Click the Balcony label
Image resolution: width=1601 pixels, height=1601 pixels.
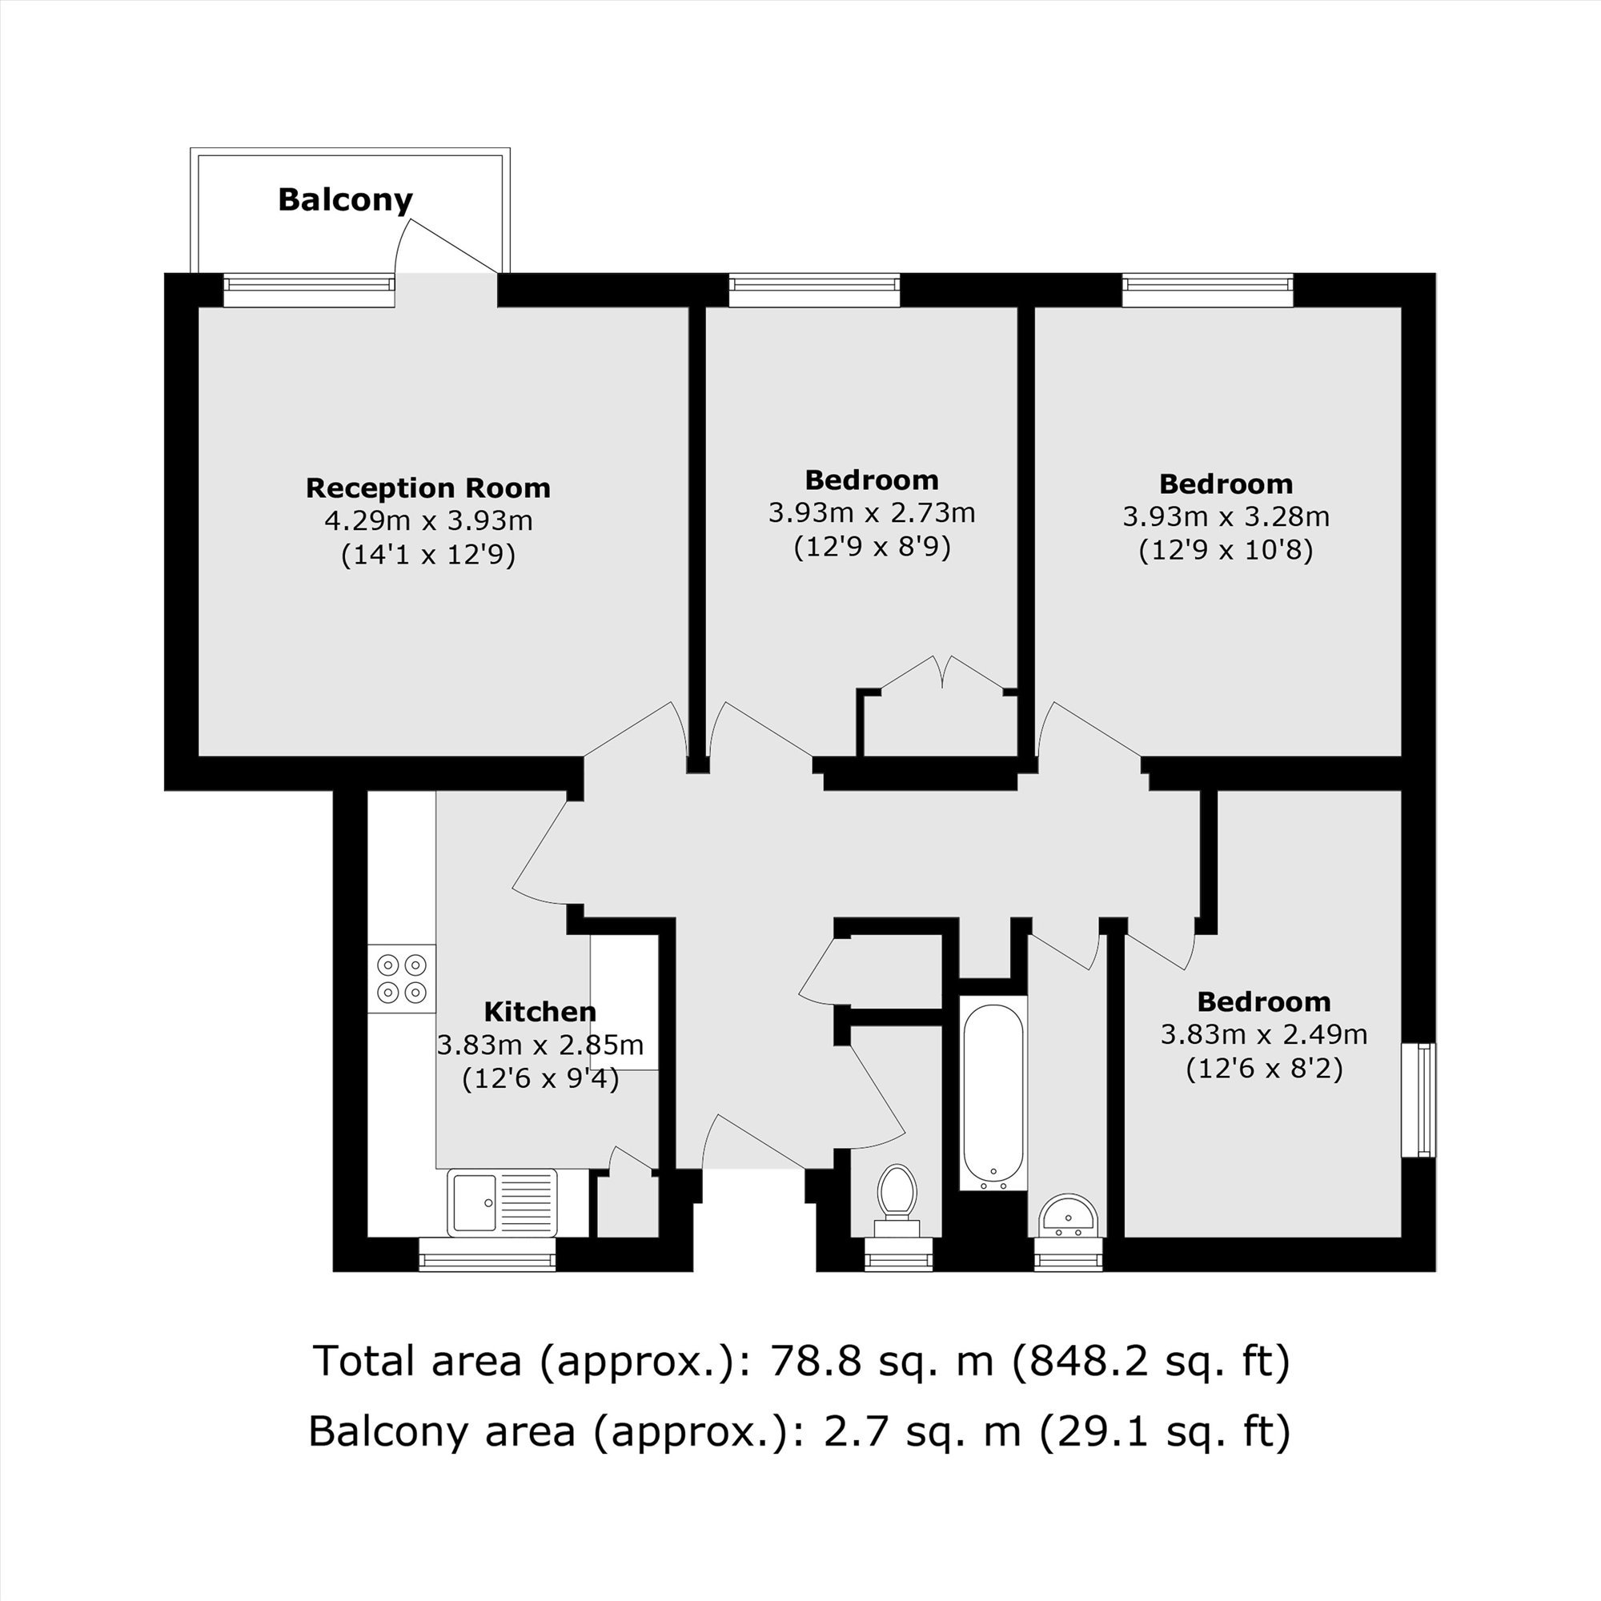(x=345, y=199)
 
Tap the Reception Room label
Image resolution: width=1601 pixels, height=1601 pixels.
(x=428, y=488)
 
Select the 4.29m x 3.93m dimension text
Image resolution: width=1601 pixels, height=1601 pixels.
(x=428, y=521)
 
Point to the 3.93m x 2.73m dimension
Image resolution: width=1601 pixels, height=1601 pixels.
(x=872, y=514)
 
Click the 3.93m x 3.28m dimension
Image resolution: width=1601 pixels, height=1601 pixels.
(x=1226, y=517)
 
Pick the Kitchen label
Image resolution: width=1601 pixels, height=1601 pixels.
(x=540, y=1012)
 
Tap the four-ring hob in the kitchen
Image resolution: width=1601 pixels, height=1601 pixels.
(x=402, y=979)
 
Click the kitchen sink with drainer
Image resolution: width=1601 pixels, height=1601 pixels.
(x=502, y=1202)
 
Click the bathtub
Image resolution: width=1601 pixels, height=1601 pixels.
(x=993, y=1093)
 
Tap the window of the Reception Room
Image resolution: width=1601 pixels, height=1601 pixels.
(x=308, y=290)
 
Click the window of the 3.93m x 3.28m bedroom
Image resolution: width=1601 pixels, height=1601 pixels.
(x=1208, y=290)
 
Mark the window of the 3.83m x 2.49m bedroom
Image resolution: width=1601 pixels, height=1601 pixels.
(x=1418, y=1100)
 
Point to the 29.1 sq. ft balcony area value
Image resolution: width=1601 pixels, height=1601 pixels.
(x=1164, y=1431)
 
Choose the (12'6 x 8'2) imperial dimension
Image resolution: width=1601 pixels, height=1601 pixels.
(x=1264, y=1069)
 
